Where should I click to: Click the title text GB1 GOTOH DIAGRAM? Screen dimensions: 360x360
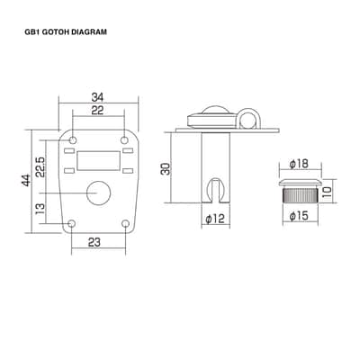click(66, 32)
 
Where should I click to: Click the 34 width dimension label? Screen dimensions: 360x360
click(97, 97)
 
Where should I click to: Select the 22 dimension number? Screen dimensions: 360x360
click(97, 111)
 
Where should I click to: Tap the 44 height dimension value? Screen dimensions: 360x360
click(27, 180)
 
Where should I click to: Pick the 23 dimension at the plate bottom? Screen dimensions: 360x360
click(94, 242)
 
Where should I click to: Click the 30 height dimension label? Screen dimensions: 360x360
click(165, 169)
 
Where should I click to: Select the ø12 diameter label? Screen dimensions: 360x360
click(215, 219)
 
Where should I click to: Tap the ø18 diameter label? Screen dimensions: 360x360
click(299, 164)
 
